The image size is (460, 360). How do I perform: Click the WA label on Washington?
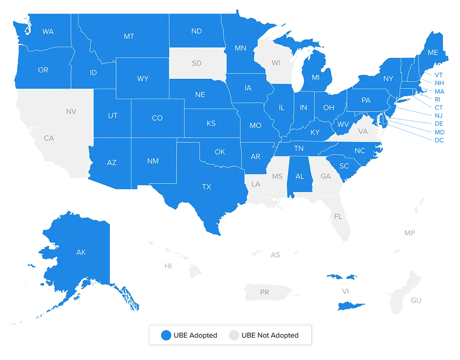(x=48, y=32)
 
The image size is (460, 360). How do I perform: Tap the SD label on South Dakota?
(x=196, y=63)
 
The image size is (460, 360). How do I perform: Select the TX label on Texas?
(x=207, y=187)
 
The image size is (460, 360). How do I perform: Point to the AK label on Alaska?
(x=81, y=252)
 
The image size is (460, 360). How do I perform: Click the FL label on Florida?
(x=338, y=217)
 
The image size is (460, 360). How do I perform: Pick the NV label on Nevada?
(x=71, y=112)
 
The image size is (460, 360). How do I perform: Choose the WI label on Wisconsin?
(x=276, y=63)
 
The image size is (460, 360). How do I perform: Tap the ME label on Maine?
(x=433, y=53)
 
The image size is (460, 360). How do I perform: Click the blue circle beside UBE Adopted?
(x=166, y=335)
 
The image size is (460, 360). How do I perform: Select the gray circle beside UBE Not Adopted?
(x=233, y=335)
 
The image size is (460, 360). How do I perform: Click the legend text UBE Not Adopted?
(x=270, y=335)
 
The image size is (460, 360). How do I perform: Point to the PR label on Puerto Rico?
(x=264, y=293)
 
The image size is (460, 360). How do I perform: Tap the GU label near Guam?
(x=416, y=300)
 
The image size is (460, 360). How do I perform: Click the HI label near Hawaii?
(x=168, y=266)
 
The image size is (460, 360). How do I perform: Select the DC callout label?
(x=439, y=141)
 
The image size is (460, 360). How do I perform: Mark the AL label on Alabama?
(x=300, y=176)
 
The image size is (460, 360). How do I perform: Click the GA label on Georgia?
(x=325, y=176)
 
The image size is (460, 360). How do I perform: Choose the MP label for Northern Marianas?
(x=410, y=233)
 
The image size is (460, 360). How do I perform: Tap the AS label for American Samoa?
(x=275, y=255)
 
